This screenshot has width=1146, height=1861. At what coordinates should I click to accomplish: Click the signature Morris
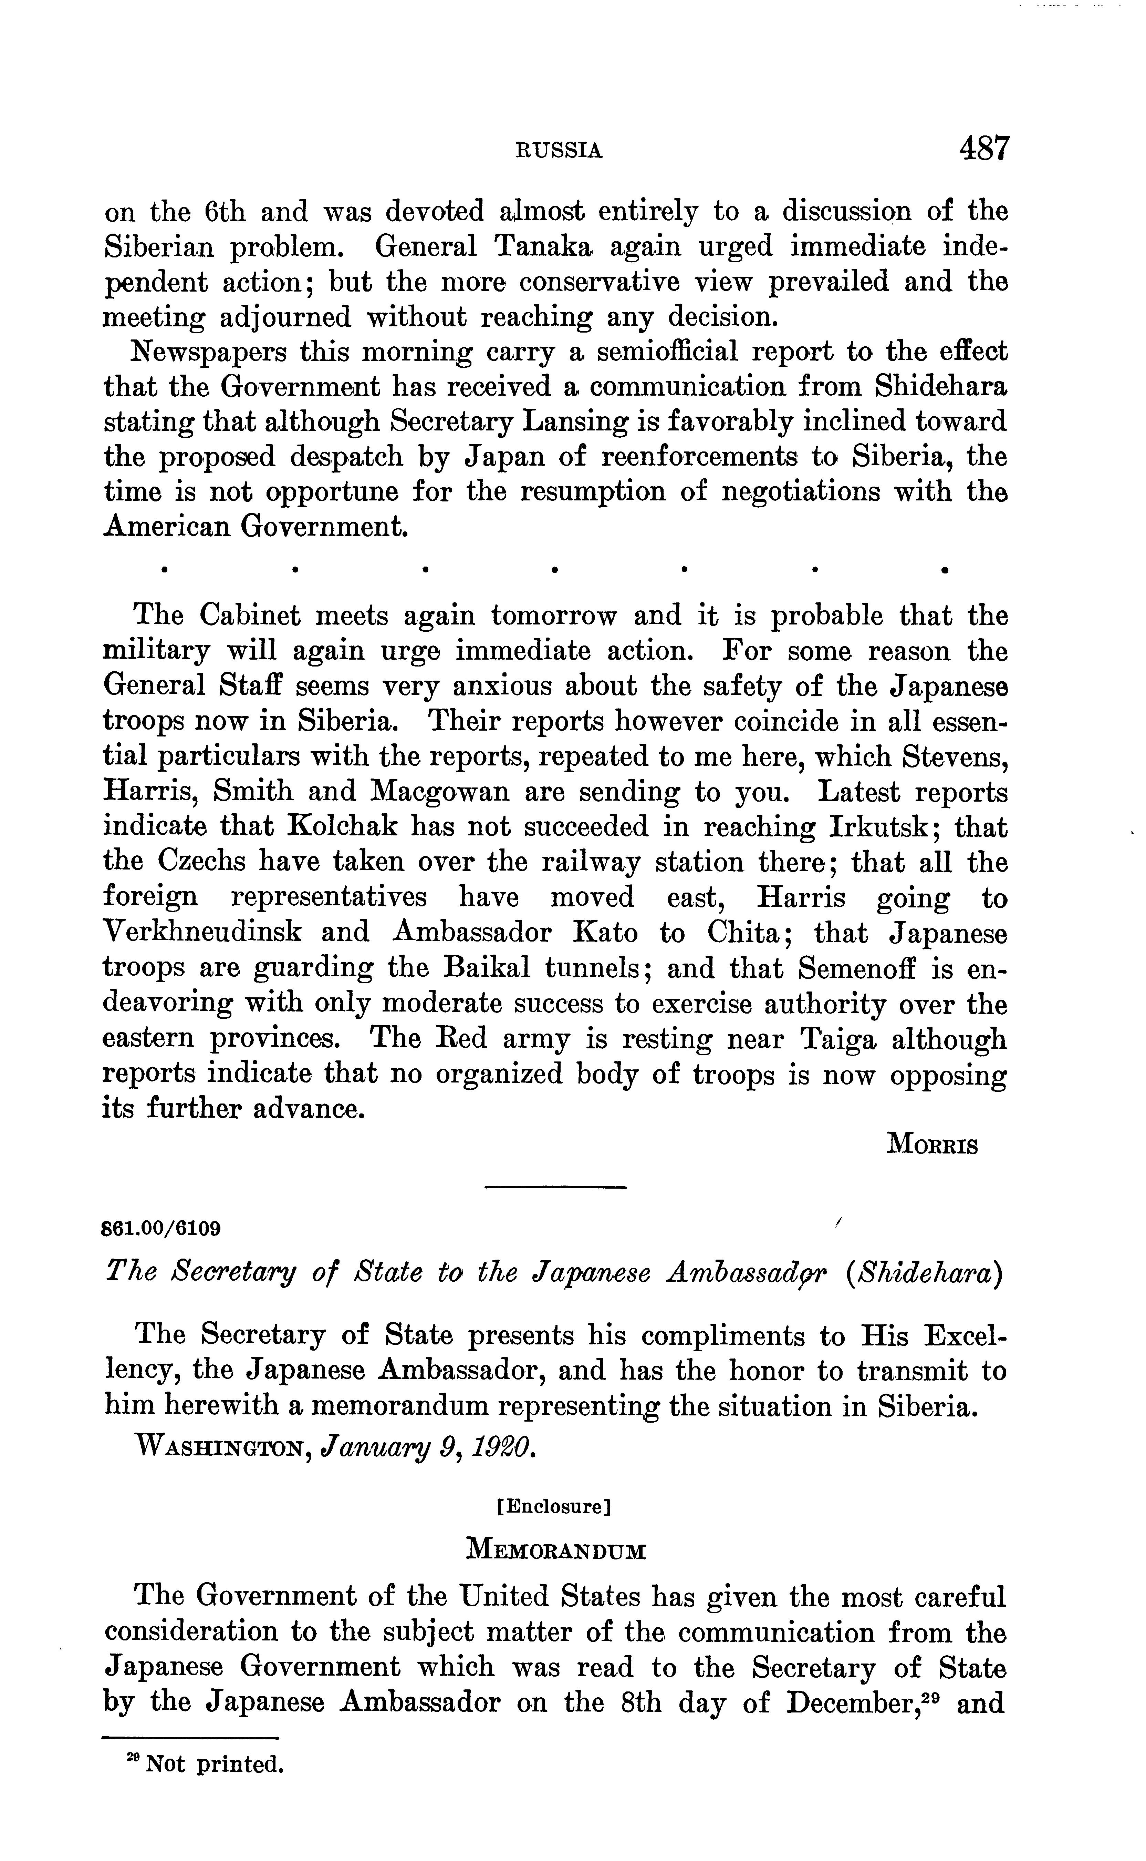(931, 1145)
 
